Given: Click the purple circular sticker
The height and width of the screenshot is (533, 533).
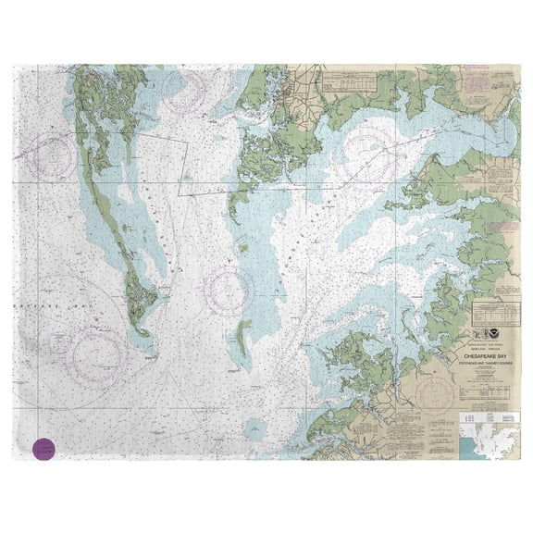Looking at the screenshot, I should (43, 449).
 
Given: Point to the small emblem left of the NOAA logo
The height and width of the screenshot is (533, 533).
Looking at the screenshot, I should (490, 337).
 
